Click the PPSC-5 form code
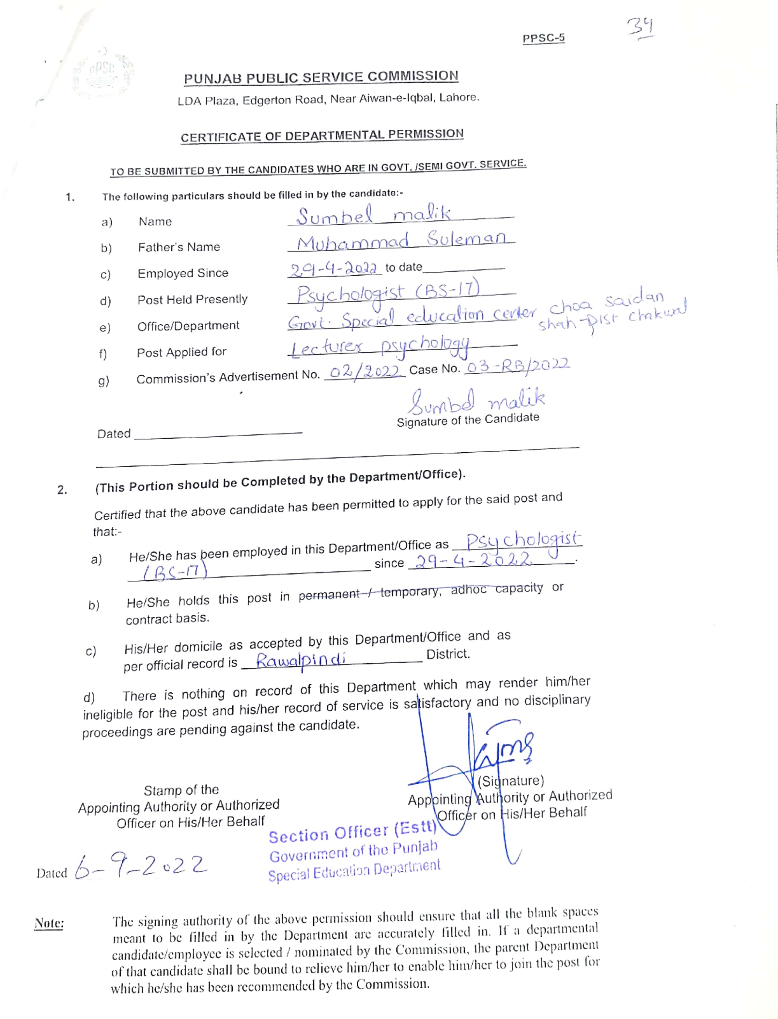[543, 38]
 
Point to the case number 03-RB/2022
[518, 366]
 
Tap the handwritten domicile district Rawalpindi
[301, 660]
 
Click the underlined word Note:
[49, 923]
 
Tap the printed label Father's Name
[179, 247]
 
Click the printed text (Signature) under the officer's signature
[510, 781]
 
